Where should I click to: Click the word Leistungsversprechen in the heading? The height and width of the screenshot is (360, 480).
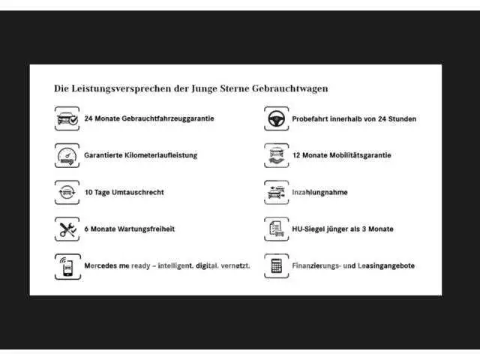pyautogui.click(x=121, y=88)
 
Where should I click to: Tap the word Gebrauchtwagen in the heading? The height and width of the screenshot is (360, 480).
pyautogui.click(x=290, y=88)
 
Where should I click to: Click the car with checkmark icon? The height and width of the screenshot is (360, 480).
pyautogui.click(x=67, y=118)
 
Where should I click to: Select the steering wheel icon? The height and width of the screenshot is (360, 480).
pyautogui.click(x=277, y=118)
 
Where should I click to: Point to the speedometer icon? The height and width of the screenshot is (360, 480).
pyautogui.click(x=67, y=155)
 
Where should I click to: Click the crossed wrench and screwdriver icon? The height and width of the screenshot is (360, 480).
pyautogui.click(x=67, y=229)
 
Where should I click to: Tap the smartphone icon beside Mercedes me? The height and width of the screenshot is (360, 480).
pyautogui.click(x=67, y=266)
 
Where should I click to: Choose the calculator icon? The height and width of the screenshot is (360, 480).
pyautogui.click(x=277, y=265)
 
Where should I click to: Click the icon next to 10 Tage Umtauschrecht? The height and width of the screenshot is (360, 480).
pyautogui.click(x=67, y=192)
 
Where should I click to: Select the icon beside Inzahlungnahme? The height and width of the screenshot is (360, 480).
pyautogui.click(x=277, y=192)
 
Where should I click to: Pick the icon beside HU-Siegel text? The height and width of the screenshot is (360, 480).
pyautogui.click(x=277, y=229)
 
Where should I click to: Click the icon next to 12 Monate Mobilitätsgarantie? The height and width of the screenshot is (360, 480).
pyautogui.click(x=277, y=155)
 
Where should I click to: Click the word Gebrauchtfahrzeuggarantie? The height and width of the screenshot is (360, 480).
pyautogui.click(x=168, y=118)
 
